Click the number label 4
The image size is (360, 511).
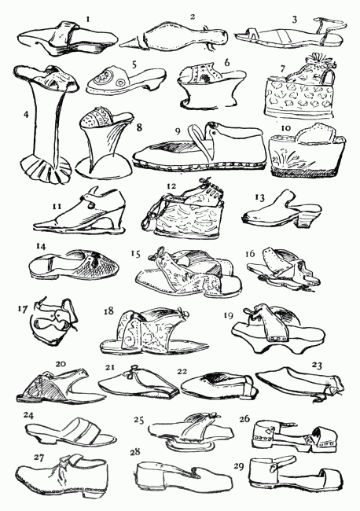[26, 114]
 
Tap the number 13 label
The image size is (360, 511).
[260, 198]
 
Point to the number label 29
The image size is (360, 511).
[239, 466]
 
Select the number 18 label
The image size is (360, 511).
[108, 311]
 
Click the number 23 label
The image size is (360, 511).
[317, 366]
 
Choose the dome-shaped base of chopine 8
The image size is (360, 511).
[104, 166]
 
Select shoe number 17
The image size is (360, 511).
[53, 320]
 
